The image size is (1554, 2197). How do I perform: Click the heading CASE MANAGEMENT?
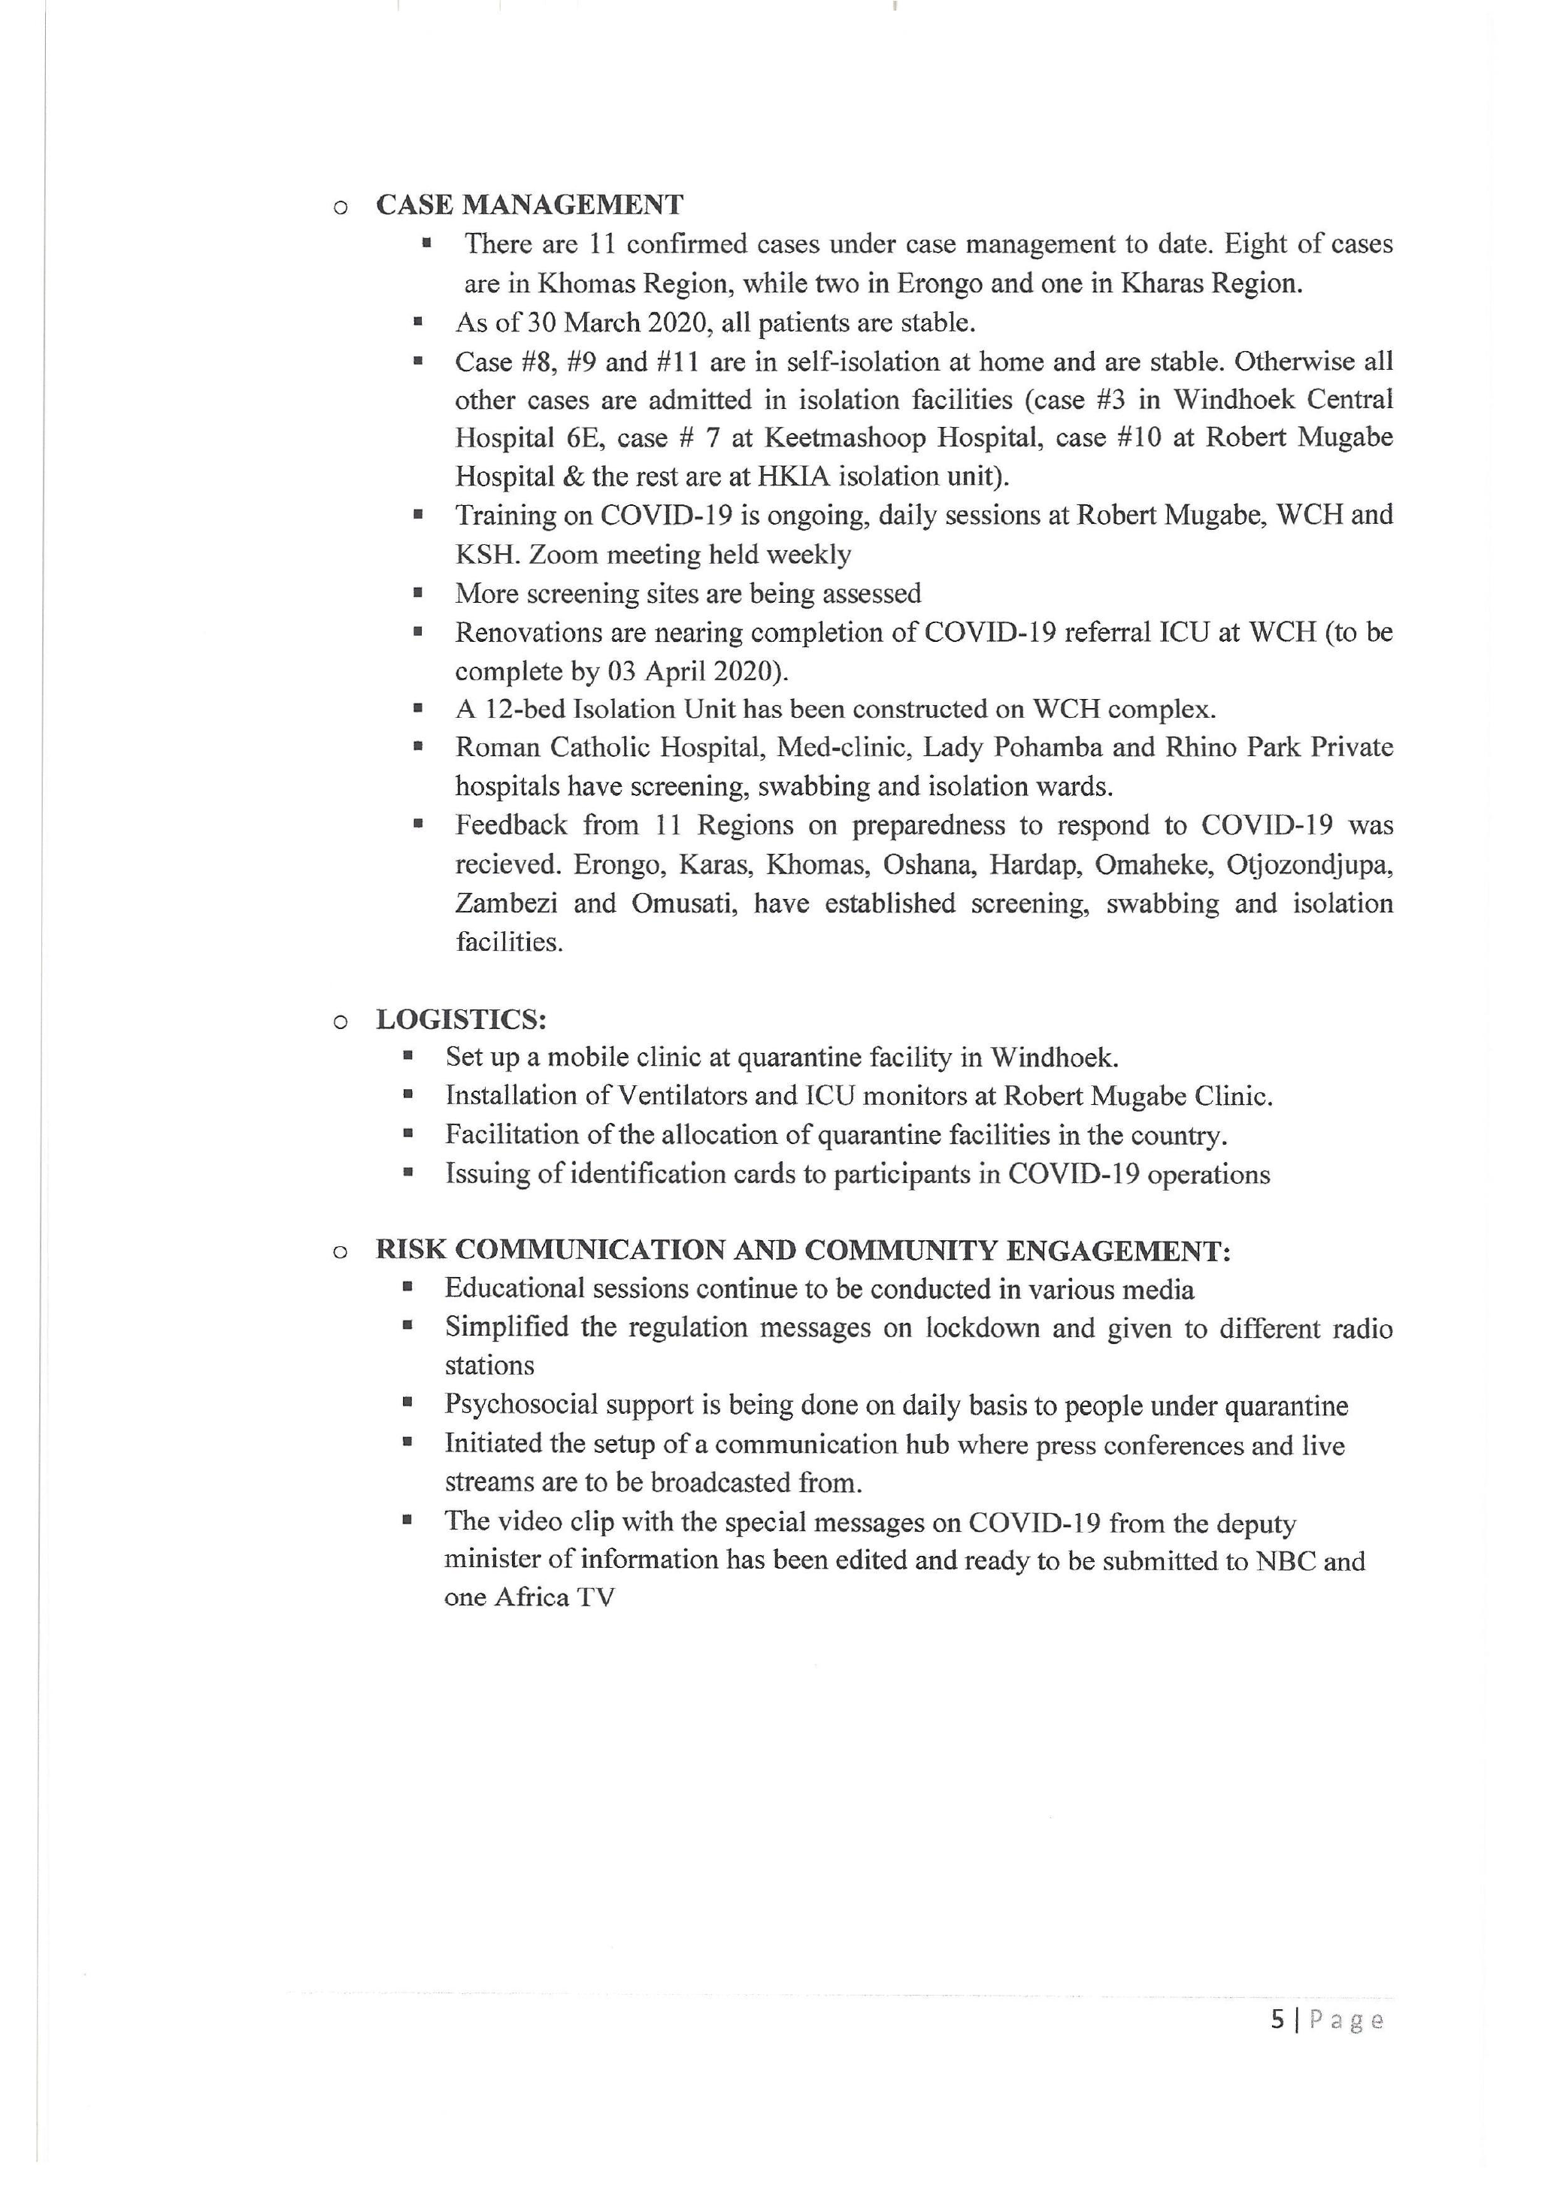529,204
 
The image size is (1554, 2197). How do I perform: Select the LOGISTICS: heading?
460,1019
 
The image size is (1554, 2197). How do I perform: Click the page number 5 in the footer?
1277,2020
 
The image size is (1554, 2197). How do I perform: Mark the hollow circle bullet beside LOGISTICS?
340,1022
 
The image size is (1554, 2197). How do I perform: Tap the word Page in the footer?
1346,2020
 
